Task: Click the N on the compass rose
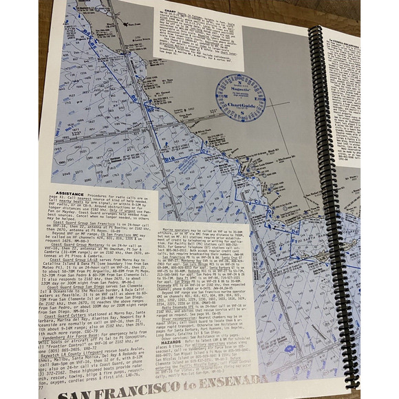(241, 77)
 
